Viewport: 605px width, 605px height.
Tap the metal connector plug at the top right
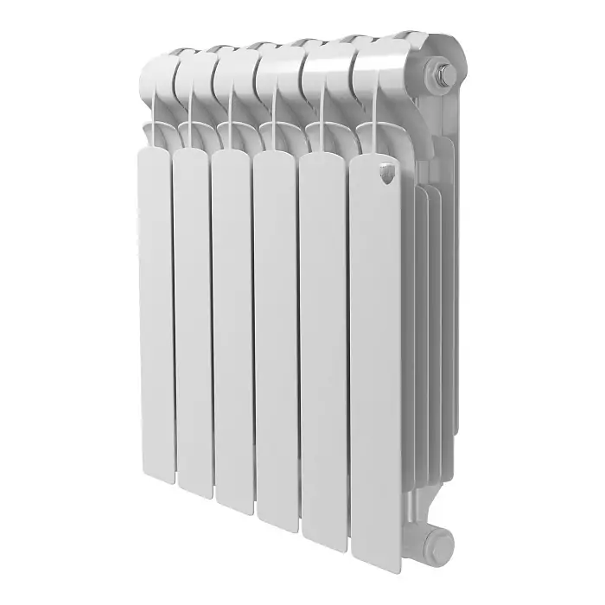point(445,75)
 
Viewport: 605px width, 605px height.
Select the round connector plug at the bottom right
point(438,544)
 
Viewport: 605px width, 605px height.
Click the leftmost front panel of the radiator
point(156,302)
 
